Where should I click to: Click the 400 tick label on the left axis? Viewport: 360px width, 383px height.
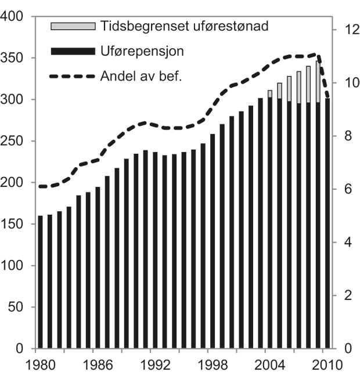coord(12,17)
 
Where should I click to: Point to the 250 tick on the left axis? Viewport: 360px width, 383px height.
coord(12,142)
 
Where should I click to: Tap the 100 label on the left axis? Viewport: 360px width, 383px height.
coord(12,266)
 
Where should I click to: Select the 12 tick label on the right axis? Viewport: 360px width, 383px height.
coord(347,30)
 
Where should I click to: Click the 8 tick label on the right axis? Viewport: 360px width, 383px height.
coord(344,136)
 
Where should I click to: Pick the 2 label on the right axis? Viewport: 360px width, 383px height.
coord(344,295)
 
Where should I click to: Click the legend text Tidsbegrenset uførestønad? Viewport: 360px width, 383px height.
coord(184,26)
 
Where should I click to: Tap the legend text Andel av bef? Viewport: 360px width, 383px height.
coord(141,75)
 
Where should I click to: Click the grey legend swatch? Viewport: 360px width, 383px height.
coord(73,26)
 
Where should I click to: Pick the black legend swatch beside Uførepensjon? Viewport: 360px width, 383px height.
coord(73,52)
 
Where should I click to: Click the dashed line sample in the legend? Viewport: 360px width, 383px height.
coord(73,76)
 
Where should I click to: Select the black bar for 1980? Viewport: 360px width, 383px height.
coord(40,282)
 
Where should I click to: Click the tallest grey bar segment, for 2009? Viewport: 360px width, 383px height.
coord(318,82)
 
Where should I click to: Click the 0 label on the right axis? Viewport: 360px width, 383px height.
coord(344,349)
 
